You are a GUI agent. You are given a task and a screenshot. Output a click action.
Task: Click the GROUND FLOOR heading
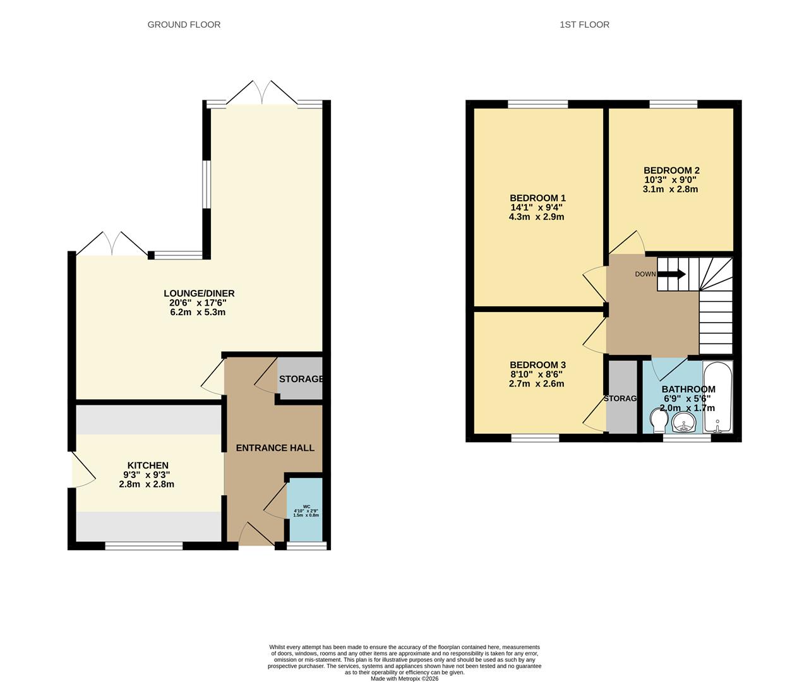(x=184, y=25)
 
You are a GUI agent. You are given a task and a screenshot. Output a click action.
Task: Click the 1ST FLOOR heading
(x=584, y=25)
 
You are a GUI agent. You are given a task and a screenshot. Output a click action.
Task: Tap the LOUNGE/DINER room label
(x=199, y=293)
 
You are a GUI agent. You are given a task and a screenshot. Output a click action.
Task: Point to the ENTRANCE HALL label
(x=275, y=448)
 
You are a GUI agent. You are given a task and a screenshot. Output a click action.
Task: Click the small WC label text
(x=306, y=506)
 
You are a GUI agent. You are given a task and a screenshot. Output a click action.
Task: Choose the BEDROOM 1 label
(x=537, y=198)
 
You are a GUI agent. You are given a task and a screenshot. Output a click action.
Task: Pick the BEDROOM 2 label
(x=671, y=170)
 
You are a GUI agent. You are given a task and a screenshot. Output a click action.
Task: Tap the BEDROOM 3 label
(x=537, y=365)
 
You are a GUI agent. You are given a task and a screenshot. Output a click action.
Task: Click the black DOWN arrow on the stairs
(x=672, y=274)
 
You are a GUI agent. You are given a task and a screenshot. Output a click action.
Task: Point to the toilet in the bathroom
(x=657, y=420)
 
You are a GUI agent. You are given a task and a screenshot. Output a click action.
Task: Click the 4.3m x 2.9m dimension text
(x=536, y=217)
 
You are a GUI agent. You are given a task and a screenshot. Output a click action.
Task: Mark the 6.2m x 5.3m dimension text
(x=198, y=312)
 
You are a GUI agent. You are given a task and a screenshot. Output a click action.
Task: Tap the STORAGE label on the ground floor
(x=301, y=379)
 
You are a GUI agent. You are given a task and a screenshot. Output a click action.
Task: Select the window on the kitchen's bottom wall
(x=144, y=546)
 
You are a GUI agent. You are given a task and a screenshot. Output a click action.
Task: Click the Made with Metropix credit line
(x=404, y=679)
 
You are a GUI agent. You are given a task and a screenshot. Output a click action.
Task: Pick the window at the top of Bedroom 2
(x=673, y=104)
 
